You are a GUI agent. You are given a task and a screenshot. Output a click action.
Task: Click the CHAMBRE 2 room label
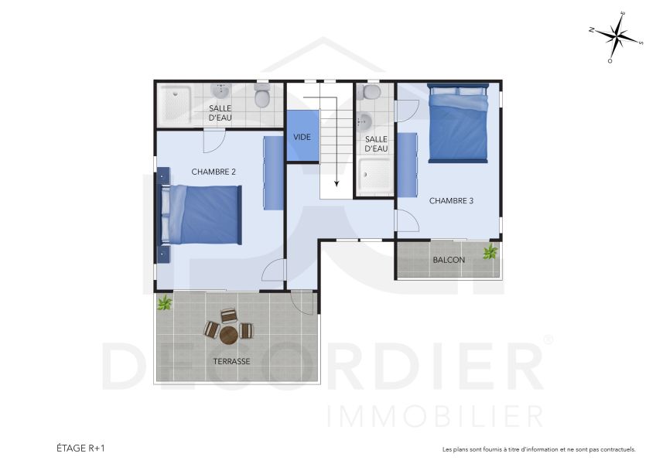coord(213,172)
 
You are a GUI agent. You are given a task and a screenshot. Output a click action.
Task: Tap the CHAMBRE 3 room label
coord(451,200)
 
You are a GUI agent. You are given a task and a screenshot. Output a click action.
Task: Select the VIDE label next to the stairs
coord(302,137)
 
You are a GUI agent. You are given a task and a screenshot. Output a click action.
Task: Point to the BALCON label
coord(449,260)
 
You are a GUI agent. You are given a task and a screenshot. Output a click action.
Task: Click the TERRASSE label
coord(232,361)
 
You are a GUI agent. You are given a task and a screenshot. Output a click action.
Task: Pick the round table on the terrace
coord(229,335)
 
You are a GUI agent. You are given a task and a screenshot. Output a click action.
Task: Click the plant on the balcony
coord(490,251)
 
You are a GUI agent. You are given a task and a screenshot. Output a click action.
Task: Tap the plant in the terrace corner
coord(164,302)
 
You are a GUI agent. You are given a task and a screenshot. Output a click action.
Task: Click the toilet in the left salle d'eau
coord(262,97)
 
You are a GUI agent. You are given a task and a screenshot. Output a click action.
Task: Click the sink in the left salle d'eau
coord(222,93)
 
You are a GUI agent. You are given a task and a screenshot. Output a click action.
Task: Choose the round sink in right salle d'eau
coord(364,121)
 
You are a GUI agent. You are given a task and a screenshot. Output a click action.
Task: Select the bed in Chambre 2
coord(203,214)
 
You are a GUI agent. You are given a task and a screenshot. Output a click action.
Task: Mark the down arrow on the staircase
coord(337,183)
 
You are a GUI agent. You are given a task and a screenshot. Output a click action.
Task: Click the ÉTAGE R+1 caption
coord(80,448)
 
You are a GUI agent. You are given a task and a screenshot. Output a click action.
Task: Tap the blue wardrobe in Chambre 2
coord(273,172)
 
